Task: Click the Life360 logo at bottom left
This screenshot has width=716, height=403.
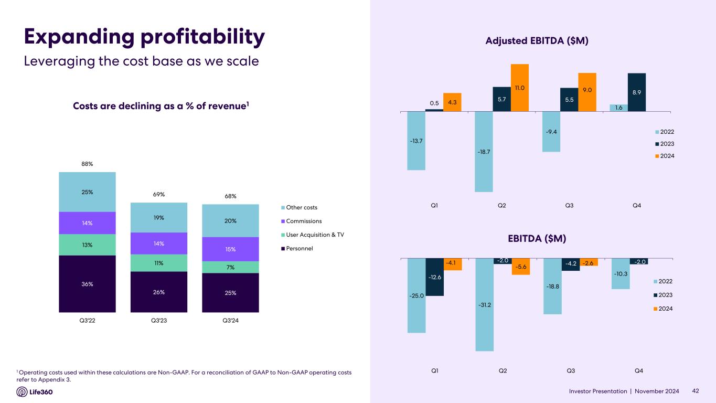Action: click(x=35, y=392)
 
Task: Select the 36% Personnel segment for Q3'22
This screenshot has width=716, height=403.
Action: click(x=87, y=284)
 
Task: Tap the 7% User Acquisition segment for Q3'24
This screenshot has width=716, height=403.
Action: click(x=230, y=267)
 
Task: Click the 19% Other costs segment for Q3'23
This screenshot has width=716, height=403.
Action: click(x=158, y=217)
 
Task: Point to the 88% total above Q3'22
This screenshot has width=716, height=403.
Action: click(x=87, y=164)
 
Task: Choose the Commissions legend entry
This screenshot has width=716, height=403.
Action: click(x=301, y=221)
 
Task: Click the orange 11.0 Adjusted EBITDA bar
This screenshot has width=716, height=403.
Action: click(x=520, y=87)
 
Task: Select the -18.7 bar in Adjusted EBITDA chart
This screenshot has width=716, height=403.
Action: click(x=484, y=152)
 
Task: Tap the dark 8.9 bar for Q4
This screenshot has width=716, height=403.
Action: click(x=636, y=92)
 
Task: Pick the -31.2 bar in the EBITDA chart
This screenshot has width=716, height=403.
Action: click(x=484, y=305)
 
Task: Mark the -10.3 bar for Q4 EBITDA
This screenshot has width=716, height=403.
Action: click(x=621, y=273)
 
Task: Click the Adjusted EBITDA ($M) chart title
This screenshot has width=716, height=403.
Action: click(x=538, y=40)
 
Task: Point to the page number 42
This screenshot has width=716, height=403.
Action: click(x=696, y=391)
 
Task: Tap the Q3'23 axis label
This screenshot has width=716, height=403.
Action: click(x=158, y=320)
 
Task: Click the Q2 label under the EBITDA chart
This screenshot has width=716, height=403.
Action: click(x=502, y=371)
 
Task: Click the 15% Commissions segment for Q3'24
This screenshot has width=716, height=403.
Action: click(x=230, y=249)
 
